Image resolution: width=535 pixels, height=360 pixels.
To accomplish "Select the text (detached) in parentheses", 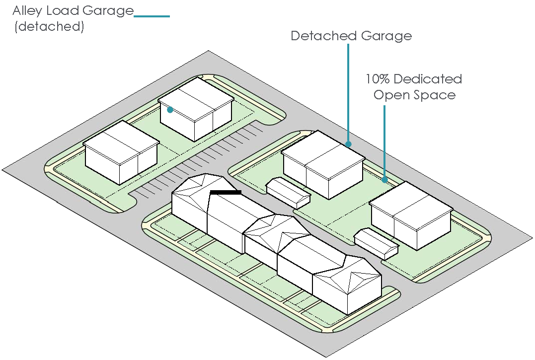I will [x=49, y=26].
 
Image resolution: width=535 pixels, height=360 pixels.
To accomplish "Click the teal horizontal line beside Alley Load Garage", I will [x=152, y=16].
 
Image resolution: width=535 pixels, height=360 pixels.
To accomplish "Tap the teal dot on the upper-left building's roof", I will [x=170, y=110].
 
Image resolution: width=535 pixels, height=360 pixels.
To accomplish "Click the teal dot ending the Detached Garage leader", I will [x=349, y=144].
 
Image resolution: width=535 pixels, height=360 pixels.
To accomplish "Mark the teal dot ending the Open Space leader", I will [x=384, y=180].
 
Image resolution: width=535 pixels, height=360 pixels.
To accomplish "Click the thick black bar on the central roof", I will [x=226, y=192].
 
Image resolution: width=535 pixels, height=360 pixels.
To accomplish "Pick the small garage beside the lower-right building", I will [x=377, y=243].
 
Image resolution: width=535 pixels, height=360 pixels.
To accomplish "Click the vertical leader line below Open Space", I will [x=384, y=142].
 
